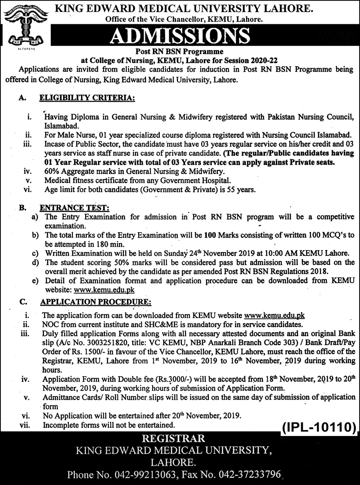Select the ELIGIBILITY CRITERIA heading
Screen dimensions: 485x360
pyautogui.click(x=87, y=97)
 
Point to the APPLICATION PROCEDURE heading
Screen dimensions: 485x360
pyautogui.click(x=96, y=301)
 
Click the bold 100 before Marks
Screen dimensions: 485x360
pyautogui.click(x=209, y=235)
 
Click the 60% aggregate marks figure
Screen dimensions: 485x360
pyautogui.click(x=52, y=171)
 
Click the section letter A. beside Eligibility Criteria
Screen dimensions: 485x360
pyautogui.click(x=22, y=97)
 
